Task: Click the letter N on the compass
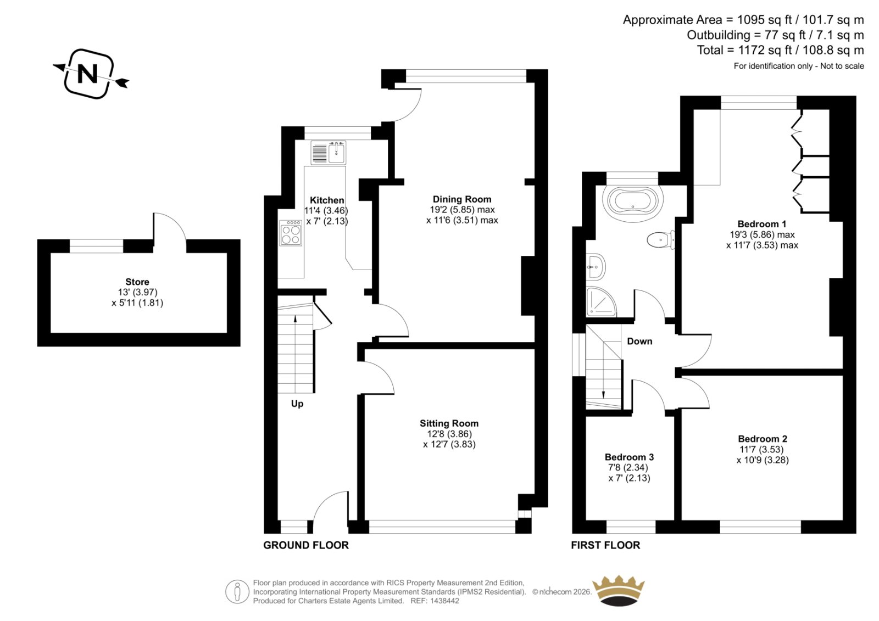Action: point(87,74)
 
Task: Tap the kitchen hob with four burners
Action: point(291,233)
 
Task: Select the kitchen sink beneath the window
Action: point(329,152)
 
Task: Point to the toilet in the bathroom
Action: point(661,240)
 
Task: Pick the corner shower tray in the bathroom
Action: point(601,301)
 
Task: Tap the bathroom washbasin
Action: point(596,267)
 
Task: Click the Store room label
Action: point(137,282)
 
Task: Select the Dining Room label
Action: point(462,199)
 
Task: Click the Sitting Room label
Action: point(449,423)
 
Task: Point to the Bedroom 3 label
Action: point(629,457)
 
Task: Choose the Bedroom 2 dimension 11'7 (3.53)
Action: point(761,450)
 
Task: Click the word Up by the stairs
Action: point(297,404)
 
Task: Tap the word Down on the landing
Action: point(639,342)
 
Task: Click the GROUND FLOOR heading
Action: point(306,545)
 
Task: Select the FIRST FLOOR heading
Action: point(605,545)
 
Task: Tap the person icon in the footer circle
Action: point(237,591)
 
